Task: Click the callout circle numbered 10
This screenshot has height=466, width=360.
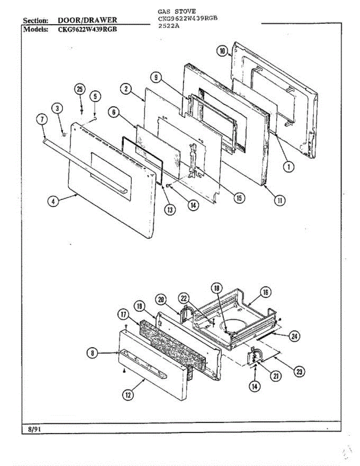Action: pos(222,51)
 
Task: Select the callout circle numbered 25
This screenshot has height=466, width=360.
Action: pos(80,90)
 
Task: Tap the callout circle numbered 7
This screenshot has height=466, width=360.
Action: pos(42,120)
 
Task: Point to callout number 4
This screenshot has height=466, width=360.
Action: pos(54,201)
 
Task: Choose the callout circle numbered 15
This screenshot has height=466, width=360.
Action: pos(239,198)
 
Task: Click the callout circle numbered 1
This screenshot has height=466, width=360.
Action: pos(288,167)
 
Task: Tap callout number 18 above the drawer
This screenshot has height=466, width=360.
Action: pos(217,288)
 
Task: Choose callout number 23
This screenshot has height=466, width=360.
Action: pos(299,372)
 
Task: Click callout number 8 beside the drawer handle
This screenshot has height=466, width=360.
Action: pos(92,353)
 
